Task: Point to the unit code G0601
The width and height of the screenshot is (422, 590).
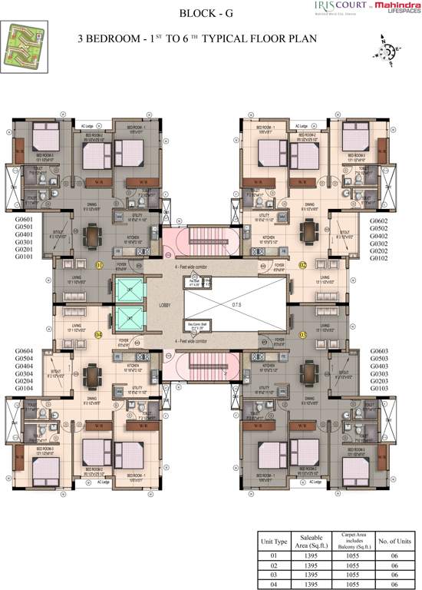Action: [25, 220]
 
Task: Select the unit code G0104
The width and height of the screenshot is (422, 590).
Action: [25, 389]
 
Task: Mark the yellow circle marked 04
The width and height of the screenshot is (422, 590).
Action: [98, 335]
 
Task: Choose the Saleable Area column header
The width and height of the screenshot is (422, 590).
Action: [311, 542]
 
